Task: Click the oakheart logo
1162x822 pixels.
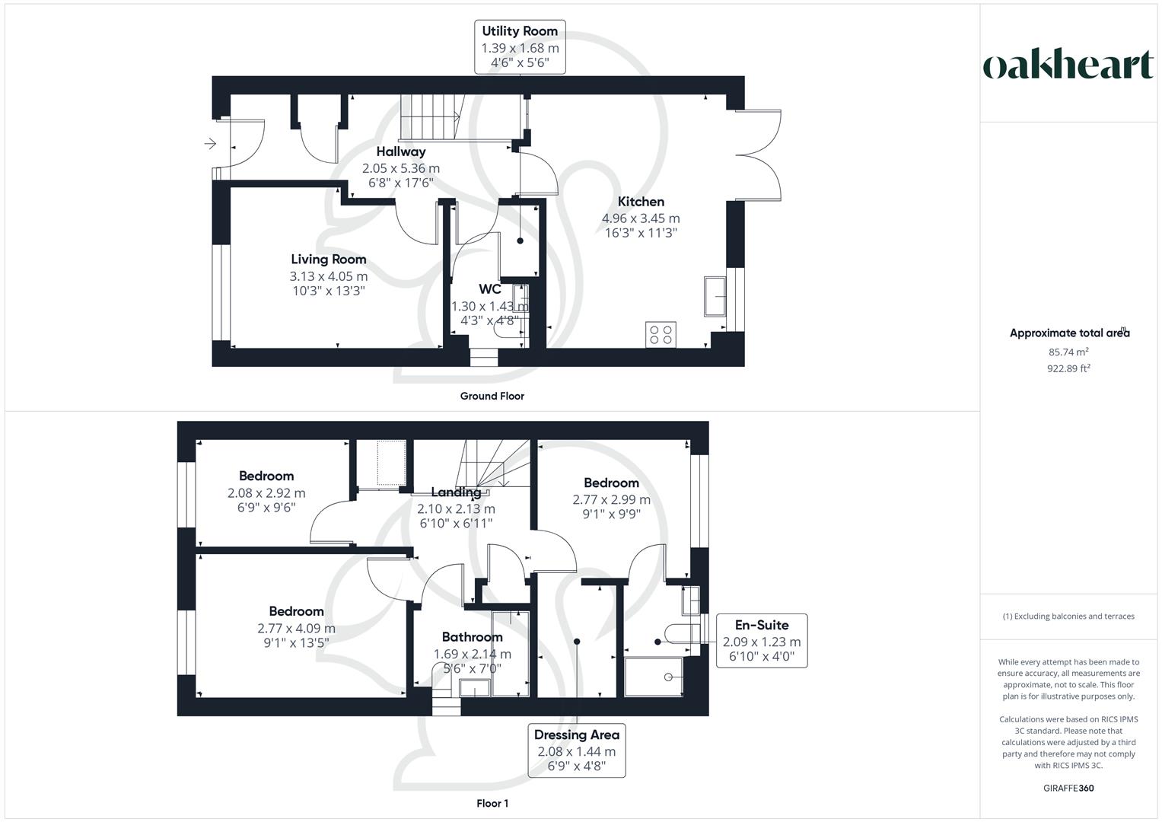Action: pos(1068,65)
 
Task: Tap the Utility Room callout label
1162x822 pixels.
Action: pos(520,47)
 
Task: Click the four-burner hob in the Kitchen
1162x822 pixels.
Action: pos(661,334)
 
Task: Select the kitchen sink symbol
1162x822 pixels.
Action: pos(715,296)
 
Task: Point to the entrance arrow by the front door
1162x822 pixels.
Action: pos(210,143)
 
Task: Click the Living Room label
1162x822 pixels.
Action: pos(328,260)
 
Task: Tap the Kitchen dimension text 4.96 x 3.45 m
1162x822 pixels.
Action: pos(641,218)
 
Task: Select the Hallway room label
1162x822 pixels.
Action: pos(400,151)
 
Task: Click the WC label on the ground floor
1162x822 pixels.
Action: pos(489,289)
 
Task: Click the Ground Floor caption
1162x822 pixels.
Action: pos(492,396)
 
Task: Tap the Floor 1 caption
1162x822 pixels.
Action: pos(492,803)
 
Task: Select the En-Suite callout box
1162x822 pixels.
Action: pos(761,641)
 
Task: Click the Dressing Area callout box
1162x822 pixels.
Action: pos(576,750)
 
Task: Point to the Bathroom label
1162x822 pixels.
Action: pos(472,637)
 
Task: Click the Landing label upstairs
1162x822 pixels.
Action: pos(456,492)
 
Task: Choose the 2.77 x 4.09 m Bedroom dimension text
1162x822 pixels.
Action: pos(296,629)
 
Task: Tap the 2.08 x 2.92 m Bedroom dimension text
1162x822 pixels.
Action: pos(266,493)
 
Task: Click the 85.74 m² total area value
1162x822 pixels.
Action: pos(1068,352)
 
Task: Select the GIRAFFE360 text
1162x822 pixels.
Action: pos(1069,788)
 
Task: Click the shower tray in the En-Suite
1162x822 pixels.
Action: pos(654,677)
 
